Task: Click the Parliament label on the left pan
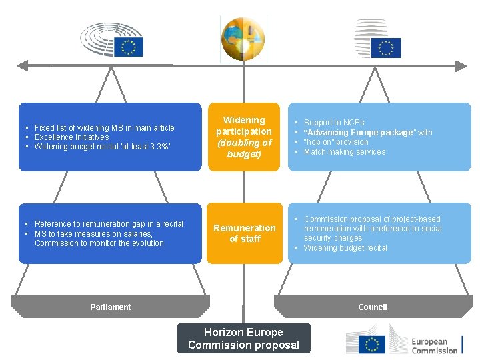[x=110, y=307]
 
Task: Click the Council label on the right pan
[x=372, y=307]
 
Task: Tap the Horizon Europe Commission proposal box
[x=243, y=338]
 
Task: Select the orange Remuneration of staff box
[x=244, y=233]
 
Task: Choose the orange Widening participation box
[x=244, y=137]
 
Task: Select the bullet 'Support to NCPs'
[x=333, y=123]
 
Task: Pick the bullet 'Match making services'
[x=344, y=152]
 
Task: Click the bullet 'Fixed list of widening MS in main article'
[x=104, y=127]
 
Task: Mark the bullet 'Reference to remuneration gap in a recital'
[x=109, y=224]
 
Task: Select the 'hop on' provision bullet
[x=335, y=142]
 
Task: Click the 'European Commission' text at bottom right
[x=434, y=345]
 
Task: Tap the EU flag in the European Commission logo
[x=371, y=344]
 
